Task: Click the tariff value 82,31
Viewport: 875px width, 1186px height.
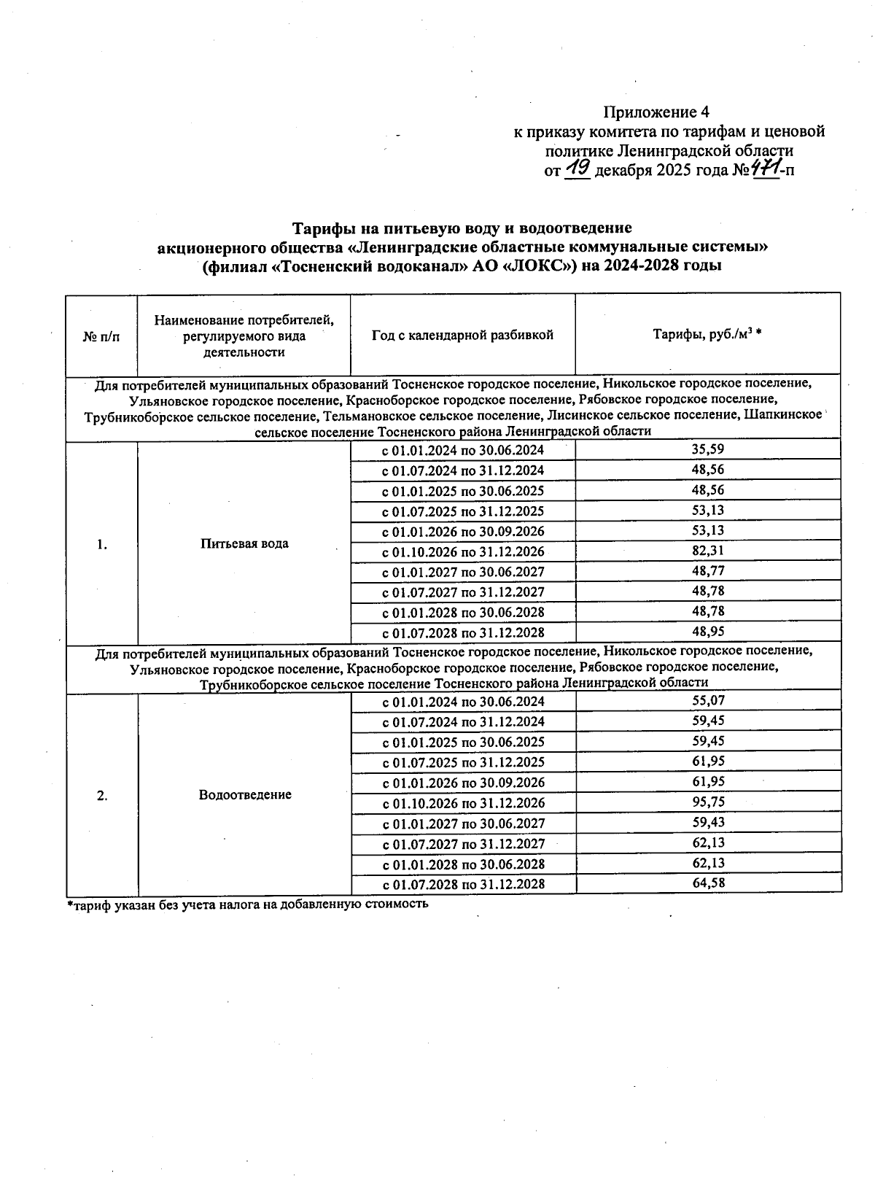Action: pyautogui.click(x=707, y=551)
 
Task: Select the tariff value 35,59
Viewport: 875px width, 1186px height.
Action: pyautogui.click(x=707, y=449)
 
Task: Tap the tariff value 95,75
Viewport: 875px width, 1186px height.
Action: pyautogui.click(x=707, y=802)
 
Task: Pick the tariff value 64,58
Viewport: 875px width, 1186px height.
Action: pyautogui.click(x=707, y=883)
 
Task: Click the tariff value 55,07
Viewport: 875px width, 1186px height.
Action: pyautogui.click(x=707, y=701)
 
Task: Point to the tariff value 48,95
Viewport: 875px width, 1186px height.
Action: pyautogui.click(x=707, y=632)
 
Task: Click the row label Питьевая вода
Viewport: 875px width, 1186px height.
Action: pyautogui.click(x=244, y=543)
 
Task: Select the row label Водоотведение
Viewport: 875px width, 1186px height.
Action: pyautogui.click(x=245, y=794)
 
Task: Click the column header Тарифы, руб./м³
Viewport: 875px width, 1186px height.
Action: pyautogui.click(x=707, y=335)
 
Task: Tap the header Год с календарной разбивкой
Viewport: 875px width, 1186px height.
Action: pyautogui.click(x=462, y=335)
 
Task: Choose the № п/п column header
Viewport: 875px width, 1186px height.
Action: pyautogui.click(x=101, y=336)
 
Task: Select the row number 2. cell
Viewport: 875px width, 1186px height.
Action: pyautogui.click(x=102, y=796)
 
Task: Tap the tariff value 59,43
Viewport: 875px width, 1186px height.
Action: pyautogui.click(x=707, y=822)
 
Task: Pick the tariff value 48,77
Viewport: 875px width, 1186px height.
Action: pyautogui.click(x=707, y=571)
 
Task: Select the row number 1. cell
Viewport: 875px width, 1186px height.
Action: pyautogui.click(x=102, y=544)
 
